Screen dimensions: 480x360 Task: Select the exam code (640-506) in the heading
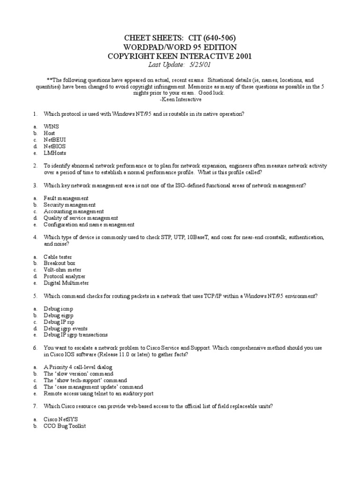coord(217,37)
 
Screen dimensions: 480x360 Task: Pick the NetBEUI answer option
coord(56,140)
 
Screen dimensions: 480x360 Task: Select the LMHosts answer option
coord(55,153)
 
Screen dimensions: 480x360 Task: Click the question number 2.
coord(35,166)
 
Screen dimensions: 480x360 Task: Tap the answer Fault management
coord(66,198)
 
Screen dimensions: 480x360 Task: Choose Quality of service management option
coord(81,218)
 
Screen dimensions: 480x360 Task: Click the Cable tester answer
coord(59,257)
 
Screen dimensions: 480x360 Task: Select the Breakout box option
coord(60,263)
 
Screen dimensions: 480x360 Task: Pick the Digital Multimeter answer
coord(66,283)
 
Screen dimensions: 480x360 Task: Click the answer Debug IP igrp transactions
coord(75,335)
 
